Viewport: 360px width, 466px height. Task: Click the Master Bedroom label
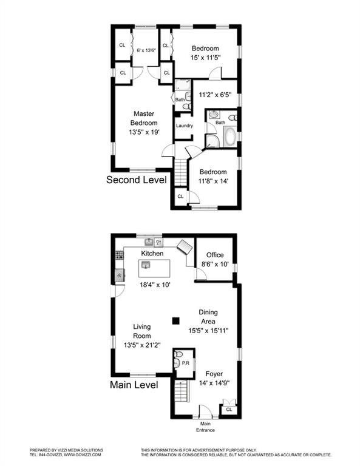tap(144, 118)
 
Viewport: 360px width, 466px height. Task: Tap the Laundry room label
tap(185, 126)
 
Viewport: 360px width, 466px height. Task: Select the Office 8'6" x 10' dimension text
tap(215, 264)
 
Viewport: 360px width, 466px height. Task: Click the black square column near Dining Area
tap(176, 320)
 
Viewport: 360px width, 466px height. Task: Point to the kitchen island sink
tap(146, 265)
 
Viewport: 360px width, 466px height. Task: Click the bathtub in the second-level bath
tap(230, 137)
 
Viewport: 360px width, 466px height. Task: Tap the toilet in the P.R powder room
tap(178, 354)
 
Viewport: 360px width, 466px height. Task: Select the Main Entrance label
tap(205, 427)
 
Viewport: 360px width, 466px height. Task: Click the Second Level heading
tap(137, 180)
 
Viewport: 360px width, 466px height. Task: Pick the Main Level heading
tap(134, 385)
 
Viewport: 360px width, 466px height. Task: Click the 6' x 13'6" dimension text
tap(146, 50)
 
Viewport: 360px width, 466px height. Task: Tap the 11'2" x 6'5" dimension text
tap(215, 95)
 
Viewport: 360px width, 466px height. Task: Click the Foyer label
tap(214, 374)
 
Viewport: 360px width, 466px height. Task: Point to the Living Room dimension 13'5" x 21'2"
tap(142, 345)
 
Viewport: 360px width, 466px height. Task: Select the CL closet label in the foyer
tap(229, 410)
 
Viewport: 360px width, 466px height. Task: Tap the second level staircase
tap(180, 173)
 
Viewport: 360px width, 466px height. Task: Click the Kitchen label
tap(152, 254)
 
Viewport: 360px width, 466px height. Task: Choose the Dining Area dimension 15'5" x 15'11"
tap(208, 331)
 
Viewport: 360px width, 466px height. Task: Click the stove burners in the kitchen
tap(119, 255)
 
